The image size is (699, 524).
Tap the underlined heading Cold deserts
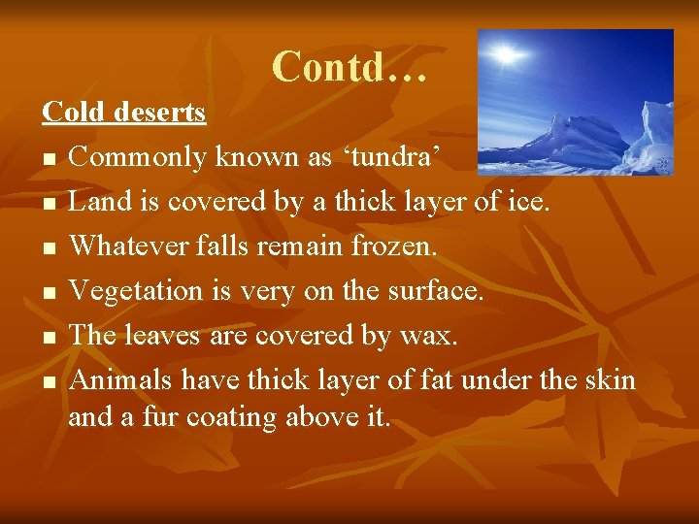[x=123, y=113]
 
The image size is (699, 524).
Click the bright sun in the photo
[x=505, y=55]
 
